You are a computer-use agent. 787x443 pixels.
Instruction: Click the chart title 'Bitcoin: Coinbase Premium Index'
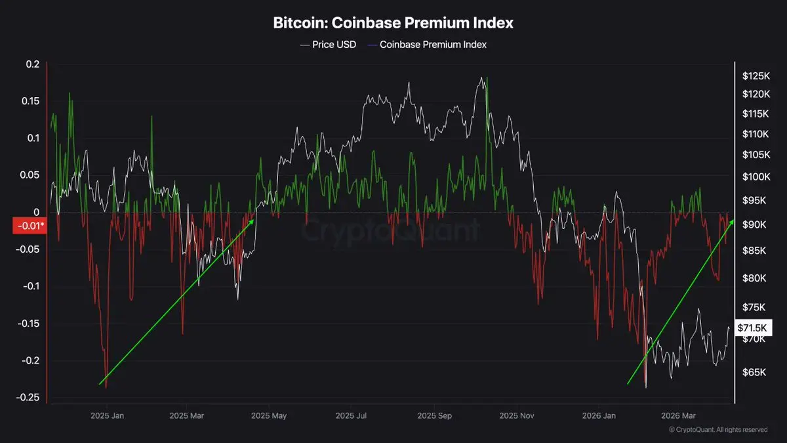click(393, 22)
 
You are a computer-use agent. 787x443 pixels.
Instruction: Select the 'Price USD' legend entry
click(328, 45)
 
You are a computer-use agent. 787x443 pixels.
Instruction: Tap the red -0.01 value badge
click(30, 226)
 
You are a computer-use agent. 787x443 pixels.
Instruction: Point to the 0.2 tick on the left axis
click(33, 64)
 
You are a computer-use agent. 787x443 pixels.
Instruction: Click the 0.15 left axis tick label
click(30, 101)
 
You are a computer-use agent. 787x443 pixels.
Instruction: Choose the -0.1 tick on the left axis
click(31, 286)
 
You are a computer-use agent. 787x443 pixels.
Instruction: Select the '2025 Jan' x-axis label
click(108, 416)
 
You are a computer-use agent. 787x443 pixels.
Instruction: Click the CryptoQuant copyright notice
click(717, 430)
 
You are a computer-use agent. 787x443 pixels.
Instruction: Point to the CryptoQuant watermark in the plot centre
click(391, 231)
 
